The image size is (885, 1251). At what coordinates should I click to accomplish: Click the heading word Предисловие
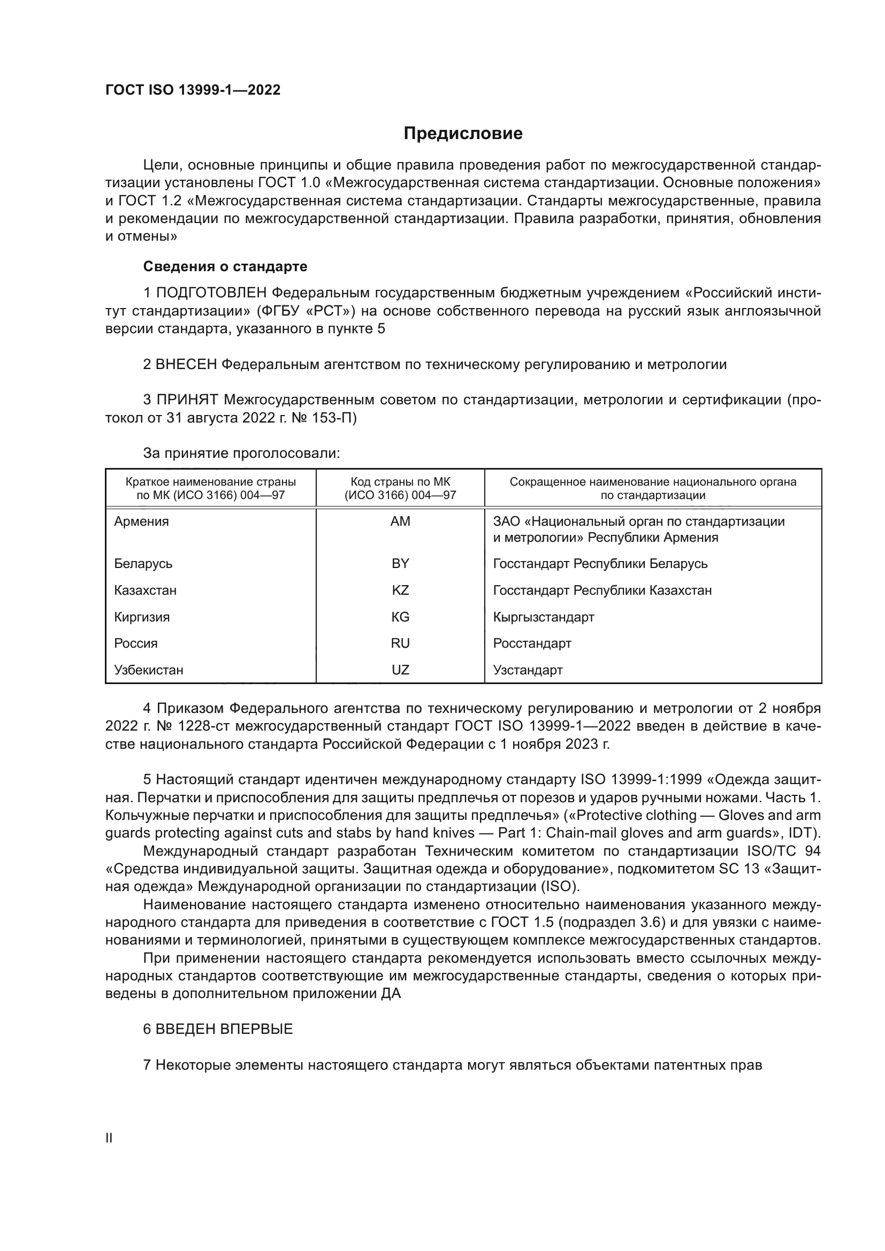(463, 134)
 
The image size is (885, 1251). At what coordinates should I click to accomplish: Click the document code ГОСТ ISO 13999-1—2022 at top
(193, 90)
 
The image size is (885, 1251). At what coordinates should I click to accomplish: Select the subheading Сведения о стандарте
(225, 266)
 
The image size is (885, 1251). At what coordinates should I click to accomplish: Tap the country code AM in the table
(400, 521)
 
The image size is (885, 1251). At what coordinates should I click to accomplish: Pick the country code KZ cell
(400, 590)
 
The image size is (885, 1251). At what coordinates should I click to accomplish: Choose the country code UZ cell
(400, 670)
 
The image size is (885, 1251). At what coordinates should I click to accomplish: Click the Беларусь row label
(143, 563)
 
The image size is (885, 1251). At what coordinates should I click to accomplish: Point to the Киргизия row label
(142, 617)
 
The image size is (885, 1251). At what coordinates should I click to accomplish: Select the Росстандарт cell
(532, 643)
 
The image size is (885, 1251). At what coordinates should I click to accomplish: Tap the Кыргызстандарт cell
(543, 617)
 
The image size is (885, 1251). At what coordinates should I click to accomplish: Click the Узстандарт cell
(528, 670)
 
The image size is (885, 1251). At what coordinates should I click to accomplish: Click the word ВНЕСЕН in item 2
(186, 364)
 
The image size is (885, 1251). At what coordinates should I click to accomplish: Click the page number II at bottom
(109, 1138)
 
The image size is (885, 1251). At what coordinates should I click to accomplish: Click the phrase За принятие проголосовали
(241, 454)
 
